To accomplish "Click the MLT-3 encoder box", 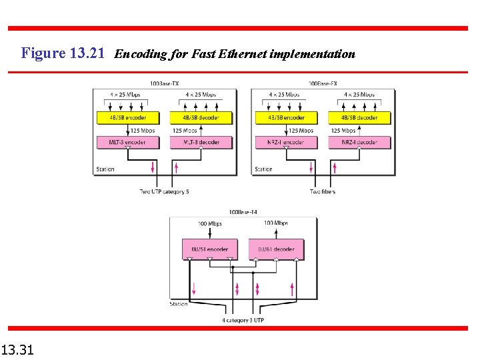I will click(127, 143).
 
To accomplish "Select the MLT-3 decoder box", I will click(201, 143).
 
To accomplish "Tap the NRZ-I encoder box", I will click(285, 143).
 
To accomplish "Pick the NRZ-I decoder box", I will click(359, 143).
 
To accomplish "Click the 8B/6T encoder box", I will click(209, 249).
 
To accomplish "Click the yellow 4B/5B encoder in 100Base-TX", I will click(127, 118).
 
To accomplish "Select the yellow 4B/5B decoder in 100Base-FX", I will click(359, 118).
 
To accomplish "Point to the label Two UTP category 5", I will click(164, 192).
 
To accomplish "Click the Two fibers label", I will click(323, 192).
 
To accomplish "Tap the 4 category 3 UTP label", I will click(243, 320).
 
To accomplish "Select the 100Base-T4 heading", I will click(243, 213).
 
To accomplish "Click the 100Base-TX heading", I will click(165, 83).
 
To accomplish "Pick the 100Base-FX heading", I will click(323, 83).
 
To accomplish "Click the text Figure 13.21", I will click(63, 53).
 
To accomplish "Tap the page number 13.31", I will click(18, 349).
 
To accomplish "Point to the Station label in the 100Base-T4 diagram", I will click(179, 304).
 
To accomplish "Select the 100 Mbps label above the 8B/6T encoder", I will click(210, 223).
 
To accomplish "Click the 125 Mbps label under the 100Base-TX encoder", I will click(143, 131).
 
